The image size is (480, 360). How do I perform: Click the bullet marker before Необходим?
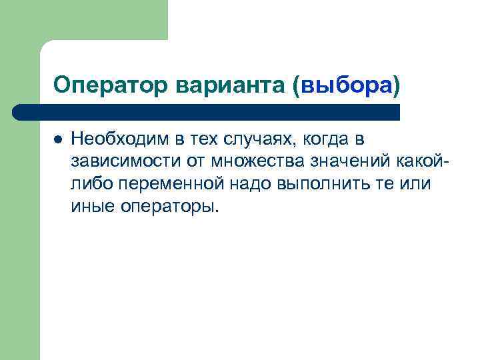(x=58, y=139)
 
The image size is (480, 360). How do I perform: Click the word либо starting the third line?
(x=87, y=184)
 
